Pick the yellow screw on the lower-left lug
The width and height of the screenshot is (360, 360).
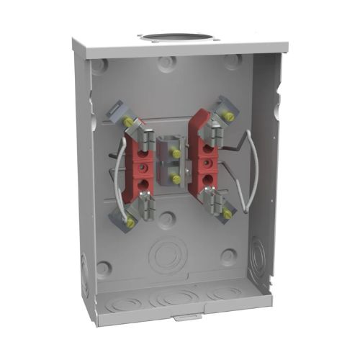point(130,222)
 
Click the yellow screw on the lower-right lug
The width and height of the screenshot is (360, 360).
point(228,214)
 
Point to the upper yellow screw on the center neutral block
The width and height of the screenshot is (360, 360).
point(176,153)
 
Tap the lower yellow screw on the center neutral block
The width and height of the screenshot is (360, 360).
point(176,179)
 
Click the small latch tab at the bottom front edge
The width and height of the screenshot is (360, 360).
point(184,317)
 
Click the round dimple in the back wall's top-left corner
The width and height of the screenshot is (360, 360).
point(100,66)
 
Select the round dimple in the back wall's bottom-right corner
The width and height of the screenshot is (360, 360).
point(229,256)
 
